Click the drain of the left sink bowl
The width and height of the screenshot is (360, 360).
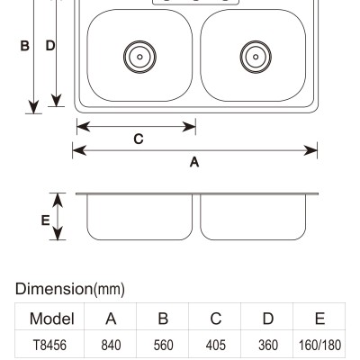click(139, 57)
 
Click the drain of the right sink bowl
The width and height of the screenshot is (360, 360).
click(256, 57)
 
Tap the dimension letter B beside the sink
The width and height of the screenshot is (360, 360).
click(24, 46)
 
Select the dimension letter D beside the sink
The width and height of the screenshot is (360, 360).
click(50, 46)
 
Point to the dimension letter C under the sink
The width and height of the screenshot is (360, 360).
click(139, 139)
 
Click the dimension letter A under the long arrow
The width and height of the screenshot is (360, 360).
click(194, 162)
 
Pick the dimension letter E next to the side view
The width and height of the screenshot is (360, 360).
click(45, 220)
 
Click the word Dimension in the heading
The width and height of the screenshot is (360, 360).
click(54, 289)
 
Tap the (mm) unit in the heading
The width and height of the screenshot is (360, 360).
click(109, 290)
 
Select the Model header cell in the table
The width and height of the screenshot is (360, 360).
click(52, 319)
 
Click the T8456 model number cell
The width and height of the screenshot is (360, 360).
click(49, 345)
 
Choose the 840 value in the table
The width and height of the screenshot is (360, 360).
click(111, 345)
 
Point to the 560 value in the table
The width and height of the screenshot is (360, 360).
click(163, 345)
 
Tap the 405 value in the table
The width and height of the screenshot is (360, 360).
click(216, 345)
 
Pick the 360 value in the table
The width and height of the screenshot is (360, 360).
click(268, 345)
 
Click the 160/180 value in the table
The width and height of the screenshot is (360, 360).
click(319, 345)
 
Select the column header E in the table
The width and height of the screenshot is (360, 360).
click(320, 319)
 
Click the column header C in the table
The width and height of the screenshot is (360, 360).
click(216, 319)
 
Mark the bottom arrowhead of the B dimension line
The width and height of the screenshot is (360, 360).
click(33, 107)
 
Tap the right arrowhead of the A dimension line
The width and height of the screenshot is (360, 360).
click(310, 150)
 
